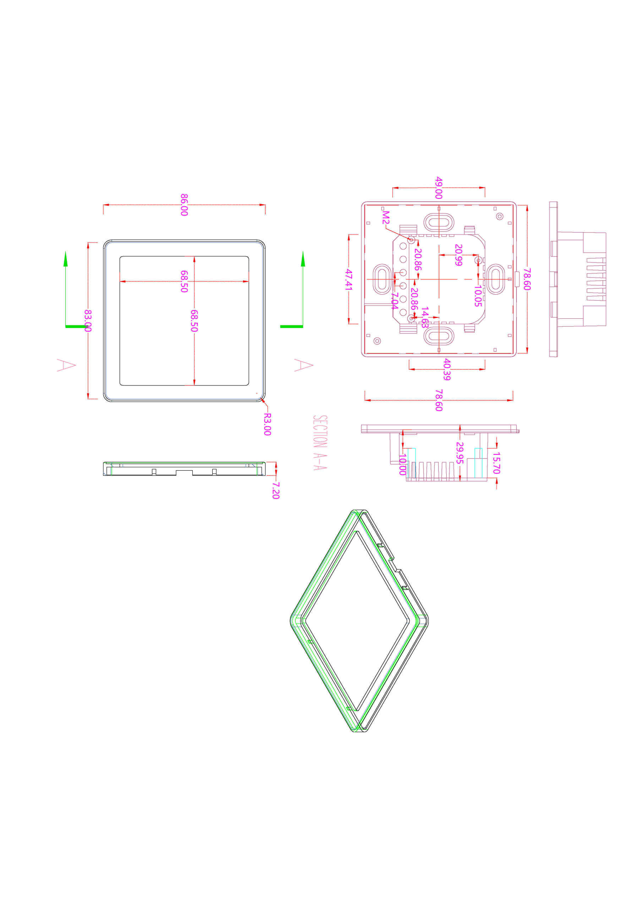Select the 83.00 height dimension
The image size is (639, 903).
click(x=88, y=321)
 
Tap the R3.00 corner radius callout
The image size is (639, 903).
click(x=267, y=424)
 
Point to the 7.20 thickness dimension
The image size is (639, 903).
click(x=276, y=491)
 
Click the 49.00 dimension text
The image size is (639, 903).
click(x=439, y=188)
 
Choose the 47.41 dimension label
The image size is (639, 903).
click(x=349, y=279)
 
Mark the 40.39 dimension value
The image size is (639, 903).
click(x=447, y=369)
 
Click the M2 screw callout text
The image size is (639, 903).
click(x=386, y=218)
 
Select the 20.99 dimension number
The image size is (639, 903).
click(x=458, y=255)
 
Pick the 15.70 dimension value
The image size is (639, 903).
click(x=496, y=463)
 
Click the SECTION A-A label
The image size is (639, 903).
click(x=320, y=442)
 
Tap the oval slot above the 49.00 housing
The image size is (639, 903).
click(x=438, y=222)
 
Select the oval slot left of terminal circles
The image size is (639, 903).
click(x=381, y=279)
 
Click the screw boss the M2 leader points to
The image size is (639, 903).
click(x=411, y=240)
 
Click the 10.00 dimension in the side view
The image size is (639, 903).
click(x=403, y=465)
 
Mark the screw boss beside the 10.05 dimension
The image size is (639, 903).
click(x=478, y=260)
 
